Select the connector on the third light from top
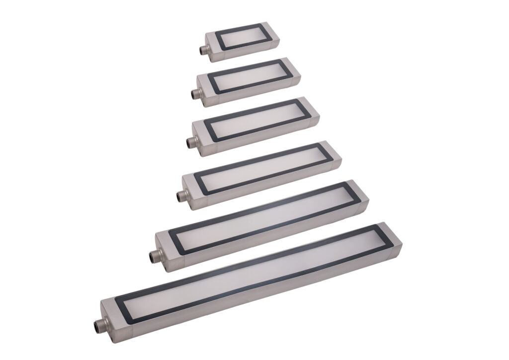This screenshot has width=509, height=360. pyautogui.click(x=189, y=142)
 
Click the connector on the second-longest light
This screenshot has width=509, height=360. pyautogui.click(x=153, y=257)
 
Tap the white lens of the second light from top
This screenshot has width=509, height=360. pyautogui.click(x=247, y=76)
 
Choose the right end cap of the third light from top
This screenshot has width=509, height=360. pyautogui.click(x=315, y=114)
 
